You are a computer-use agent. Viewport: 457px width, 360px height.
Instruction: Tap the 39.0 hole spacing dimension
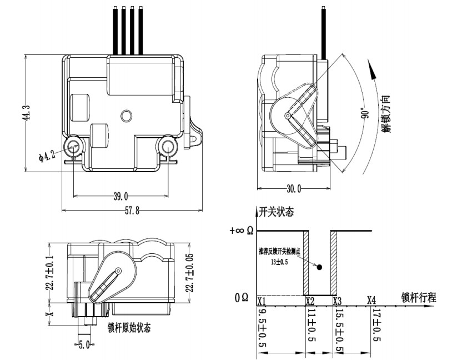(120, 196)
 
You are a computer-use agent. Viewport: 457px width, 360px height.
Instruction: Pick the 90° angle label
(364, 113)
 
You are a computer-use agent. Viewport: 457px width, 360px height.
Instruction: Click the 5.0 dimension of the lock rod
(84, 344)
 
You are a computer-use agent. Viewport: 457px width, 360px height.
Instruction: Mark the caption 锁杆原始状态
(129, 327)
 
